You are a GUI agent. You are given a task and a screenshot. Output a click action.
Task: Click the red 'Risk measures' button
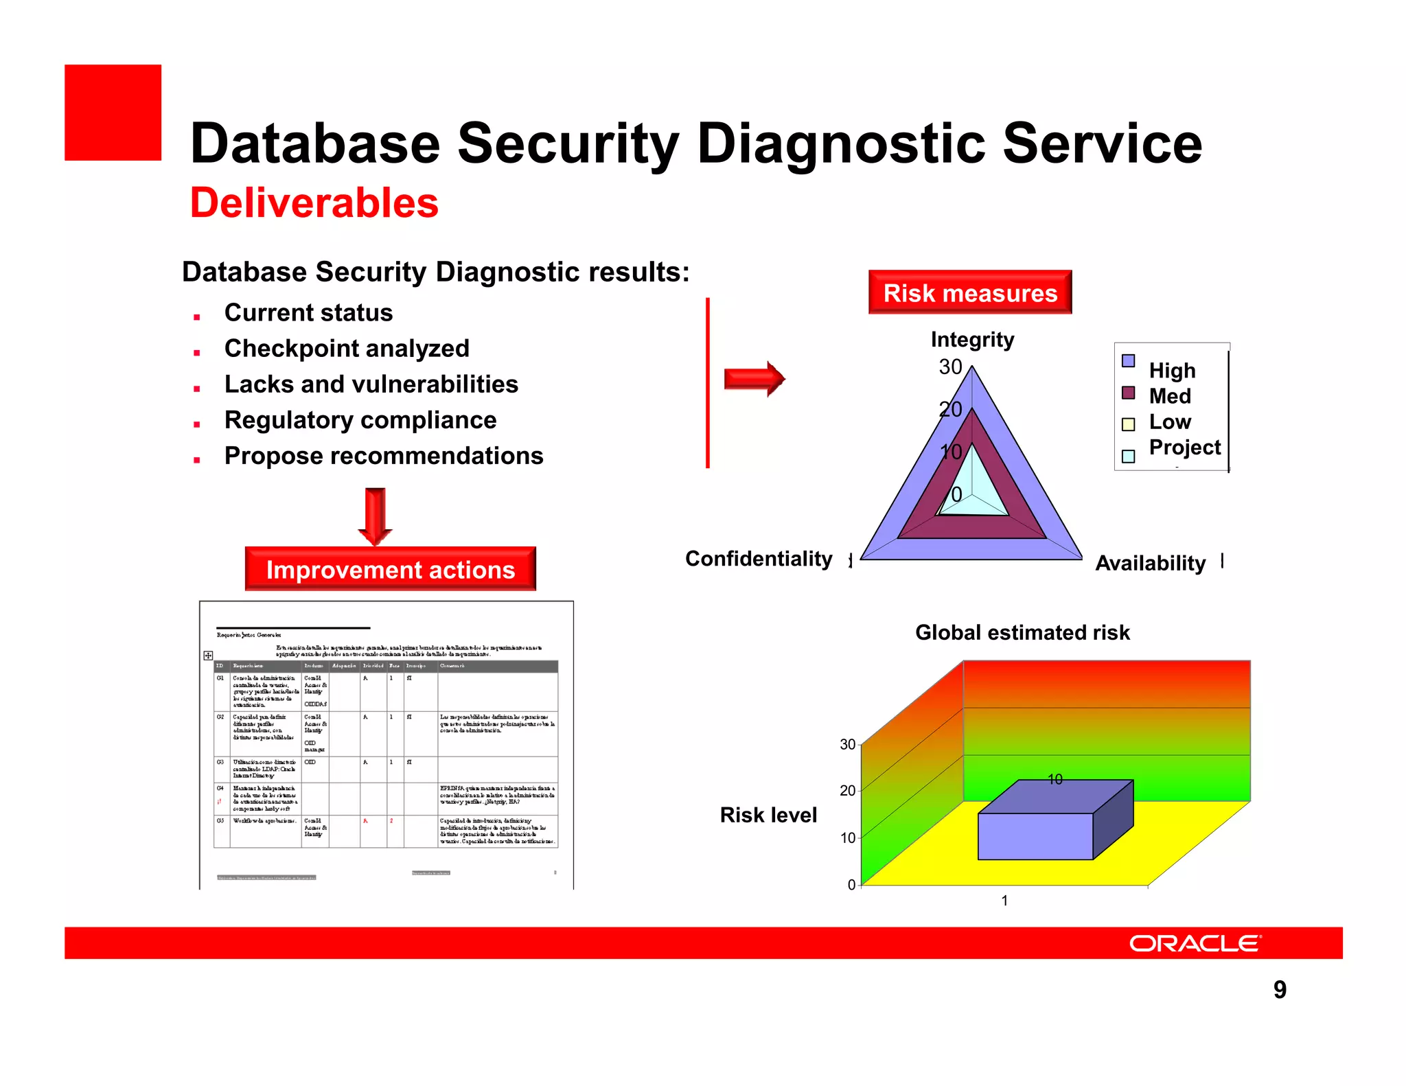coord(969,292)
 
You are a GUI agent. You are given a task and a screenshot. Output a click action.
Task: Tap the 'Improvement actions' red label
coord(390,569)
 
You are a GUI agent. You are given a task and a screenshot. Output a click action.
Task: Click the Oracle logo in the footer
coord(1195,943)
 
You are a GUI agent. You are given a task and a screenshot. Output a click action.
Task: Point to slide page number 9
coord(1280,989)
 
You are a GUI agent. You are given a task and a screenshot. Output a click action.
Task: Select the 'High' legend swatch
coord(1128,361)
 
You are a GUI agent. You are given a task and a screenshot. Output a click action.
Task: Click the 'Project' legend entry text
coord(1184,447)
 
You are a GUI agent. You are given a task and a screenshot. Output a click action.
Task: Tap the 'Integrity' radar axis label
coord(972,339)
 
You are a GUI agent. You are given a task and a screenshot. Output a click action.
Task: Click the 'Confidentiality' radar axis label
coord(759,559)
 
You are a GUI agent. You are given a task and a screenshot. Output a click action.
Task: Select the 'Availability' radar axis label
coord(1150,563)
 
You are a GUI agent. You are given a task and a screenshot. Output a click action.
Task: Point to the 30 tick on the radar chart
coord(950,367)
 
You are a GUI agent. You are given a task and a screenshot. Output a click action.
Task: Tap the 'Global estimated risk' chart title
coord(1022,632)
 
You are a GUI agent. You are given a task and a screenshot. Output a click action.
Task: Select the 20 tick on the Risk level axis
coord(848,791)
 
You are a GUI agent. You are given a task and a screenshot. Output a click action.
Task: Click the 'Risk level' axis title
coord(768,815)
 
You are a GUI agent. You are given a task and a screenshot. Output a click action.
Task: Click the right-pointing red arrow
coord(754,378)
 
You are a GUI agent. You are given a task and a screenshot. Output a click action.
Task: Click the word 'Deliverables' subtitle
coord(314,203)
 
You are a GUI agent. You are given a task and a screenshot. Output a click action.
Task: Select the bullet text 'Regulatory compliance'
coord(360,420)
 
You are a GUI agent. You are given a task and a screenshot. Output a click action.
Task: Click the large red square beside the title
coord(113,113)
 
